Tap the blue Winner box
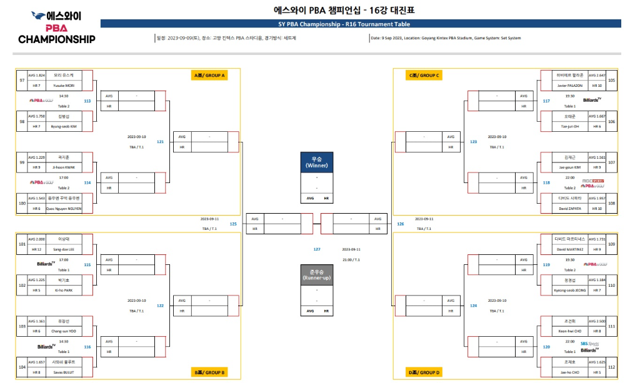point(316,162)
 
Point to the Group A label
point(209,76)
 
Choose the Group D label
point(425,372)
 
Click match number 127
point(317,249)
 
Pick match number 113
point(87,101)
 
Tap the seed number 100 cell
point(22,203)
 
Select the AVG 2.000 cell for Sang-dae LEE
point(36,239)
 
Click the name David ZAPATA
point(569,208)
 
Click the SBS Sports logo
point(589,343)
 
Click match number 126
point(400,223)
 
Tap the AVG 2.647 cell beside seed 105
point(597,75)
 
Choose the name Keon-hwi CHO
point(569,331)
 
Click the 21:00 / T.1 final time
point(352,259)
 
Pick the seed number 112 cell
point(611,367)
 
